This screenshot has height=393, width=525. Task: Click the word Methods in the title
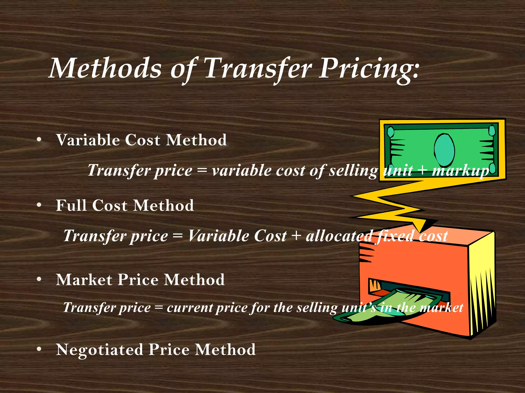(x=105, y=69)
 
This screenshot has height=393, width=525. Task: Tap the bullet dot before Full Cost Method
(x=39, y=205)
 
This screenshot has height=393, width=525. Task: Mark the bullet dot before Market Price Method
(x=39, y=279)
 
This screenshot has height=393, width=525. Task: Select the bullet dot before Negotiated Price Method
(x=39, y=349)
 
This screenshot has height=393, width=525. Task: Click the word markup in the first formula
(x=460, y=171)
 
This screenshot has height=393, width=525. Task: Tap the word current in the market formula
(x=190, y=308)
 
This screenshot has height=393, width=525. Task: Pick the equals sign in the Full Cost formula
(x=178, y=236)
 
